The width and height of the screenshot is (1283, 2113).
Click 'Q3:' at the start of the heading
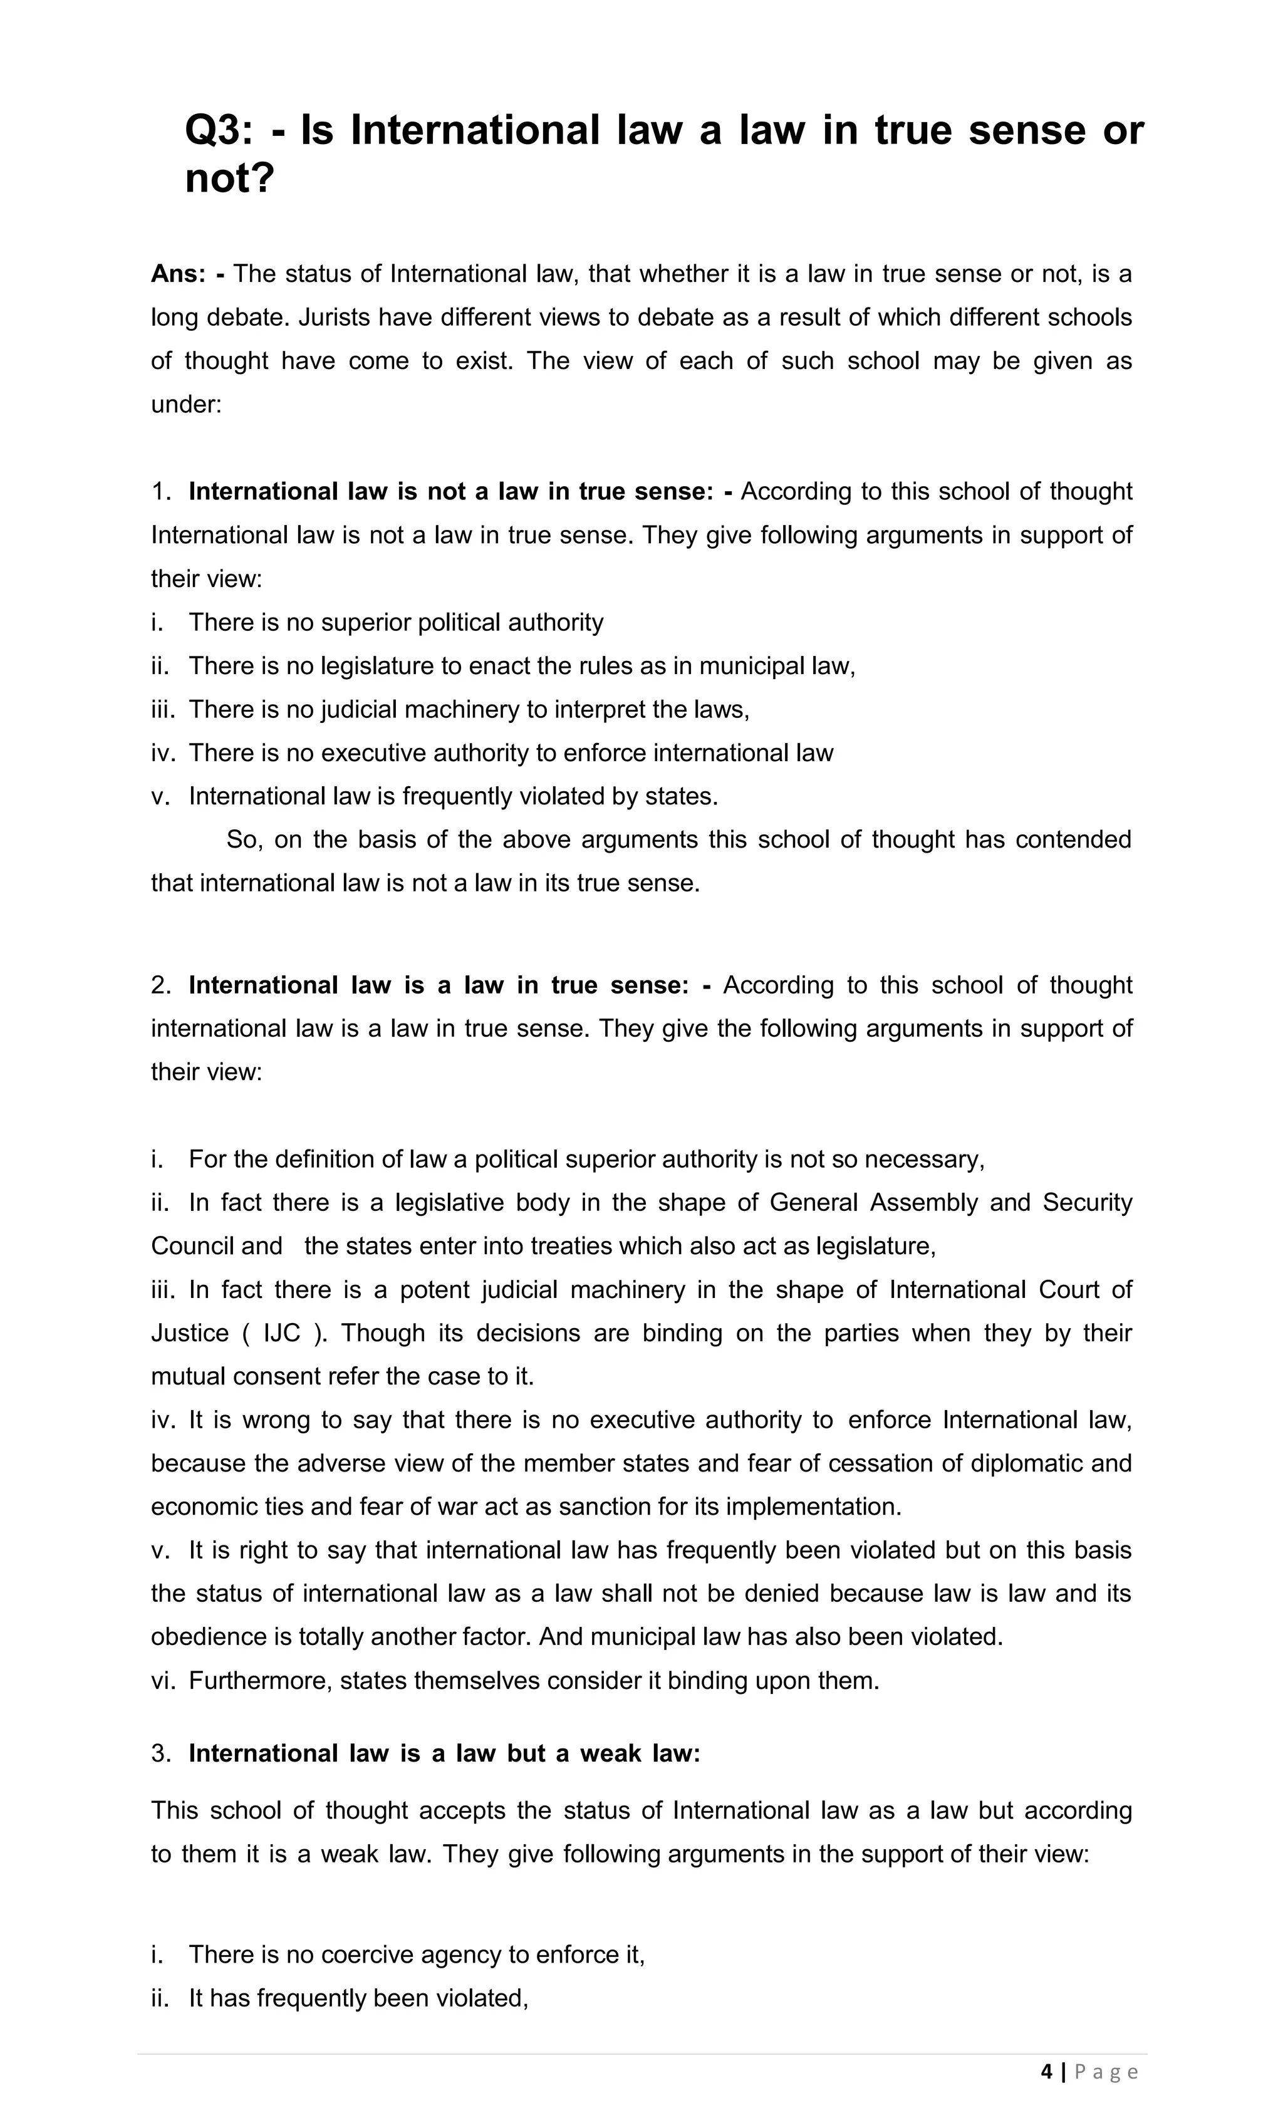219,131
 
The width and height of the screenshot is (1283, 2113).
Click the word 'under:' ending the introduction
186,405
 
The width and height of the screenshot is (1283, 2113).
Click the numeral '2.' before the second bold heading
161,985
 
